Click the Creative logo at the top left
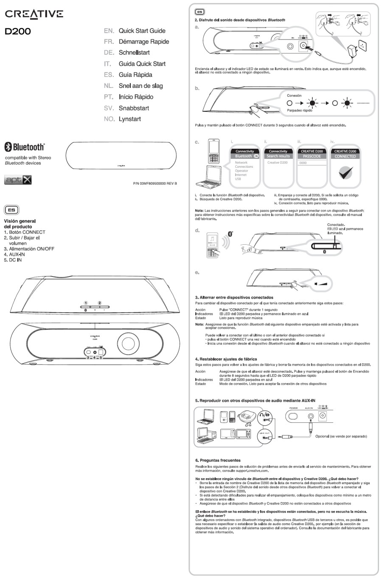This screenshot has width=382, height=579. [x=34, y=14]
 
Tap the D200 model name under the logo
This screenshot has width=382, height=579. [x=17, y=31]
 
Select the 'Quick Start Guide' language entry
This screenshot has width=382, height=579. [x=142, y=31]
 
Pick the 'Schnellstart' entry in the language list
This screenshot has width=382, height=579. [x=134, y=53]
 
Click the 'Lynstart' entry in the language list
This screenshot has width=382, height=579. [x=129, y=119]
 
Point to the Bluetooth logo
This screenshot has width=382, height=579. [x=24, y=147]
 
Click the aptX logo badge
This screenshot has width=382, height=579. [x=18, y=180]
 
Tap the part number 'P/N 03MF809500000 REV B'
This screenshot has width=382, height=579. [x=155, y=184]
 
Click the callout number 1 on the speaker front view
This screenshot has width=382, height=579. [x=86, y=303]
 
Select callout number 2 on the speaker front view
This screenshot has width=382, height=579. [x=100, y=303]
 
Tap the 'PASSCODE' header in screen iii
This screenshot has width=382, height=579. [x=312, y=156]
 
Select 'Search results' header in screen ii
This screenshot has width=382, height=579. [x=278, y=156]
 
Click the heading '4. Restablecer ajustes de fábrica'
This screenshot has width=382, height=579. [x=226, y=359]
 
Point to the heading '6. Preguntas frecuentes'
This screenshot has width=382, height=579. [x=218, y=460]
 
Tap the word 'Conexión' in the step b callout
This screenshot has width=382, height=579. [x=294, y=96]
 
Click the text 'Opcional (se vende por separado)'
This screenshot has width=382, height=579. [x=341, y=436]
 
